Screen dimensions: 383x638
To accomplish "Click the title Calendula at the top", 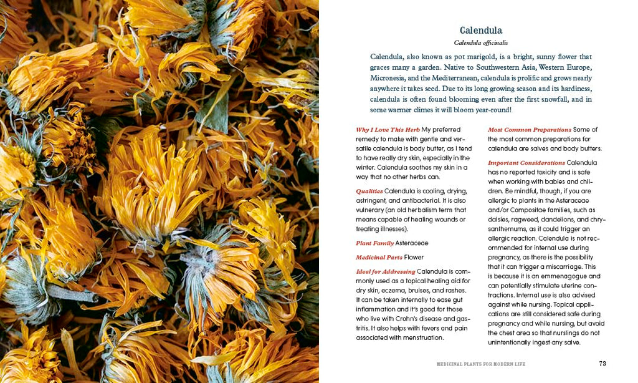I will (480, 30).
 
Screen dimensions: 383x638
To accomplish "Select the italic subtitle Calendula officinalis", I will (480, 42).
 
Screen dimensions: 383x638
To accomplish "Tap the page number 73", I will (602, 363).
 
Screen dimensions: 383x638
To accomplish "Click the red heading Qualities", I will (369, 191).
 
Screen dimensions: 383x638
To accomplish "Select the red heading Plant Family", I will (374, 243).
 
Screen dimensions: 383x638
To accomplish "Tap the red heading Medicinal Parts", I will (379, 257).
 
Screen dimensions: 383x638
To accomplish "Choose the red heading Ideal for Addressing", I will (385, 271).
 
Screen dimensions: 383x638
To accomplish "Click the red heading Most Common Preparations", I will (529, 130).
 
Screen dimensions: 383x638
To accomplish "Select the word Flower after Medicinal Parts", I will (414, 257).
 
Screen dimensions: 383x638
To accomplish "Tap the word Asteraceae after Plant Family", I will (412, 243).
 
